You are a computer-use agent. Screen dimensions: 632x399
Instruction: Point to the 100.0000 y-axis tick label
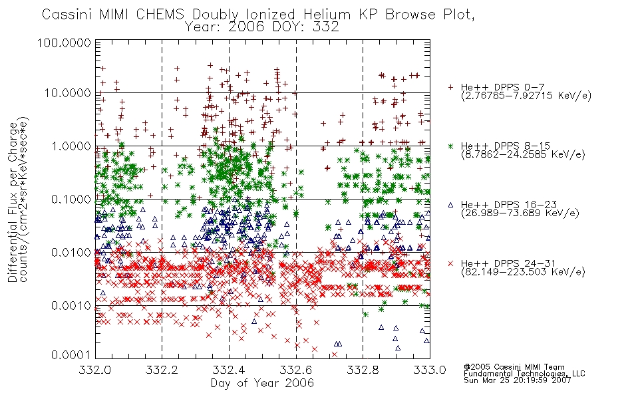(x=65, y=43)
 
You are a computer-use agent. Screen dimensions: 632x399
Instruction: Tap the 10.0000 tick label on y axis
(x=68, y=93)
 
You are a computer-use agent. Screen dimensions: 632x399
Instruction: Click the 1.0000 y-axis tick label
(x=71, y=146)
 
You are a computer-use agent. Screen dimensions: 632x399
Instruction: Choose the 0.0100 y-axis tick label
(x=71, y=253)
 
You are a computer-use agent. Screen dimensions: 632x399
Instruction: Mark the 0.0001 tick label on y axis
(x=71, y=355)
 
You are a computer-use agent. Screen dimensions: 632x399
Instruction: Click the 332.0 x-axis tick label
(x=94, y=370)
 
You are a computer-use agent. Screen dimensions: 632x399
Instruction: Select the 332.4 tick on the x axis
(x=229, y=370)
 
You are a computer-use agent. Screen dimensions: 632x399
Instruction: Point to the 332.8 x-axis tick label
(x=363, y=370)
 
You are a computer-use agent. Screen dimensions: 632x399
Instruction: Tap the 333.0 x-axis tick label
(x=430, y=370)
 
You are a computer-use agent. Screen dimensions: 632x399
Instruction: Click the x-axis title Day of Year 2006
(x=262, y=383)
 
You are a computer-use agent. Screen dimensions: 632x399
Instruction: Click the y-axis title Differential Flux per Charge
(x=13, y=201)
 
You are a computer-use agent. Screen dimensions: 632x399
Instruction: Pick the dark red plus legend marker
(x=450, y=87)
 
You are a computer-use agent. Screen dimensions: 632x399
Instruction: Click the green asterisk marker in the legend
(x=450, y=146)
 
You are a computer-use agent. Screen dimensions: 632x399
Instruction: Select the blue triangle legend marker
(x=450, y=205)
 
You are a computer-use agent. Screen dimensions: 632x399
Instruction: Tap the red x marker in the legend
(x=450, y=263)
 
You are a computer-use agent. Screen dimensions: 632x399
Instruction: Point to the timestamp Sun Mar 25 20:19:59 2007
(x=517, y=380)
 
